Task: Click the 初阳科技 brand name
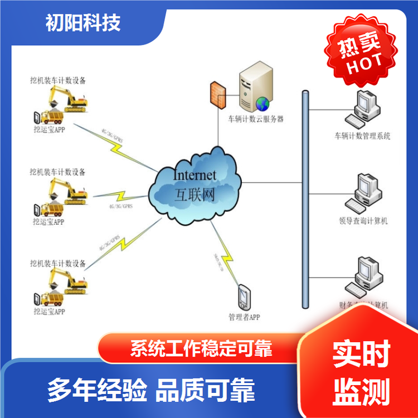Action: pos(83,23)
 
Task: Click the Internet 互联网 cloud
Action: pos(195,184)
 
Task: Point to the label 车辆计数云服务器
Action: pos(256,119)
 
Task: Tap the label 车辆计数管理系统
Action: pos(362,135)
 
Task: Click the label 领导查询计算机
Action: pos(363,221)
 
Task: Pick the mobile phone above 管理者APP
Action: pos(244,298)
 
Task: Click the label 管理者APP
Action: pos(244,318)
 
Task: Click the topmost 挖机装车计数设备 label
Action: pos(58,80)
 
